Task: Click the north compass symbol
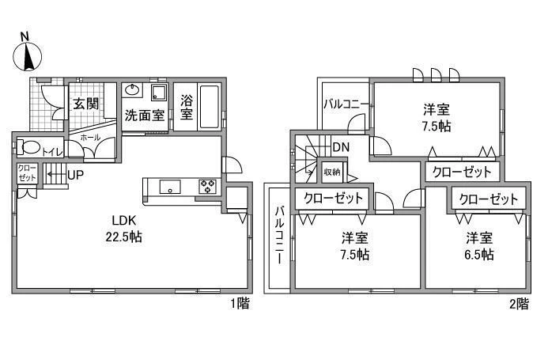click(x=27, y=55)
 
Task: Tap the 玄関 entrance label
click(x=85, y=104)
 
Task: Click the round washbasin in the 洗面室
click(x=132, y=90)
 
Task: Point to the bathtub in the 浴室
click(x=210, y=107)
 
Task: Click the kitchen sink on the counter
click(x=170, y=187)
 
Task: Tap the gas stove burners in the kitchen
click(x=208, y=186)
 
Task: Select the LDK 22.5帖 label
click(x=123, y=229)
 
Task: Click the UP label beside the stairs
click(x=75, y=175)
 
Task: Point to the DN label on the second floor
click(x=341, y=147)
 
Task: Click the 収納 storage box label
click(x=332, y=172)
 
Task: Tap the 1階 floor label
click(x=240, y=303)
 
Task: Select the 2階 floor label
click(x=519, y=303)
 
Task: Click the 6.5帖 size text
click(x=478, y=254)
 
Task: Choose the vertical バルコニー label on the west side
click(x=280, y=236)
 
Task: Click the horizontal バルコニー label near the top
click(x=346, y=104)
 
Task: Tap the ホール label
click(x=90, y=138)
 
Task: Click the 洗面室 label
click(x=145, y=115)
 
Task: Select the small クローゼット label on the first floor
click(x=27, y=172)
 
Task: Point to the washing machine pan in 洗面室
click(x=159, y=92)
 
